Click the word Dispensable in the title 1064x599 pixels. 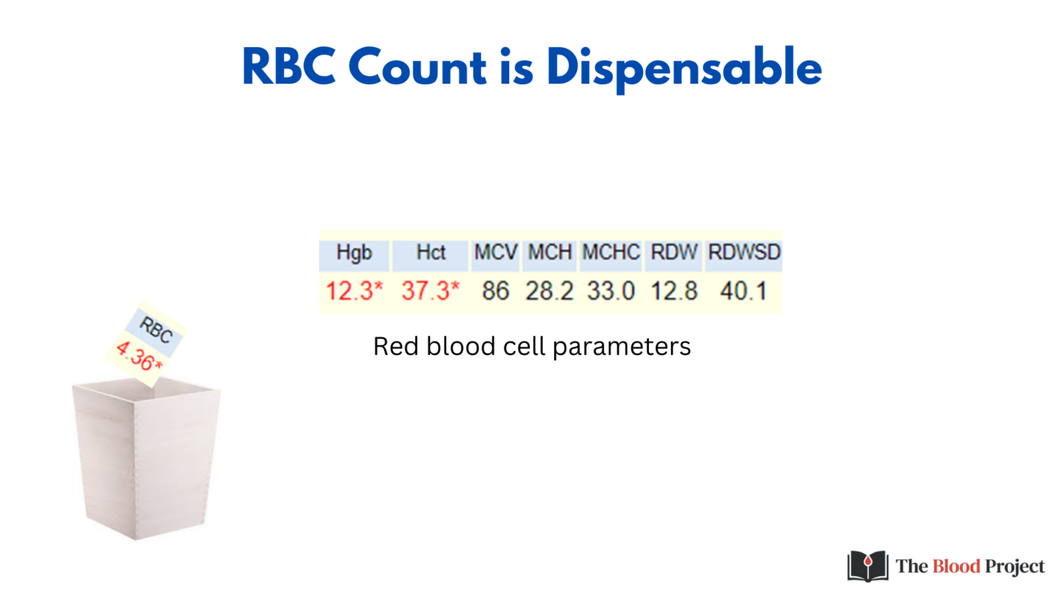pyautogui.click(x=684, y=68)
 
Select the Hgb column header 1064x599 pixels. pyautogui.click(x=354, y=253)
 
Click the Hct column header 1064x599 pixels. pyautogui.click(x=430, y=253)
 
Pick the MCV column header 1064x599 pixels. pyautogui.click(x=496, y=253)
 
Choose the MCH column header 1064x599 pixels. pyautogui.click(x=549, y=253)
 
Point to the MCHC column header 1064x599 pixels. pyautogui.click(x=611, y=253)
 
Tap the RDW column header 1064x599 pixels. pyautogui.click(x=673, y=253)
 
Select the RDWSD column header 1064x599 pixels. pyautogui.click(x=744, y=253)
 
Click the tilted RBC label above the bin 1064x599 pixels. pyautogui.click(x=157, y=331)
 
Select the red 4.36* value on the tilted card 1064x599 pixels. pyautogui.click(x=139, y=357)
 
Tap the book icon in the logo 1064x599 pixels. pyautogui.click(x=867, y=566)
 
